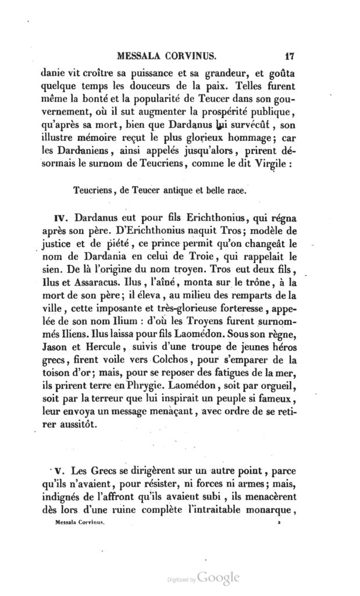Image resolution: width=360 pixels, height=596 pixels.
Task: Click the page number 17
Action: (x=291, y=57)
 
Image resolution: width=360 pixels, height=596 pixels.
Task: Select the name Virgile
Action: (x=273, y=164)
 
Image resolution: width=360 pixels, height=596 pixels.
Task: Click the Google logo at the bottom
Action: (x=218, y=578)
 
